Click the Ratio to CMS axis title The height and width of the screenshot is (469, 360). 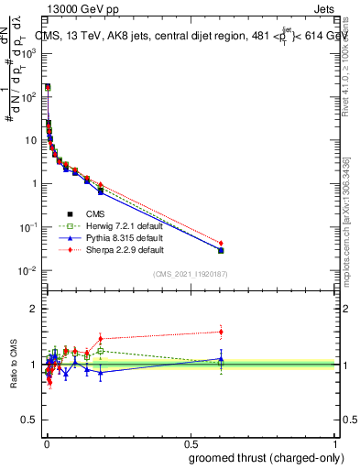14,364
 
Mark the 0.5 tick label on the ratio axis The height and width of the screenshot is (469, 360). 32,421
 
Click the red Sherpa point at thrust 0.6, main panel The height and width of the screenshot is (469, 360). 221,244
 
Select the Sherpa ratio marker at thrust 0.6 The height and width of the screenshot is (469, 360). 221,332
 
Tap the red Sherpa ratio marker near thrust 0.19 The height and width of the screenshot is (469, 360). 101,338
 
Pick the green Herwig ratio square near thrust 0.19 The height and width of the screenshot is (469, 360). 101,351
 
